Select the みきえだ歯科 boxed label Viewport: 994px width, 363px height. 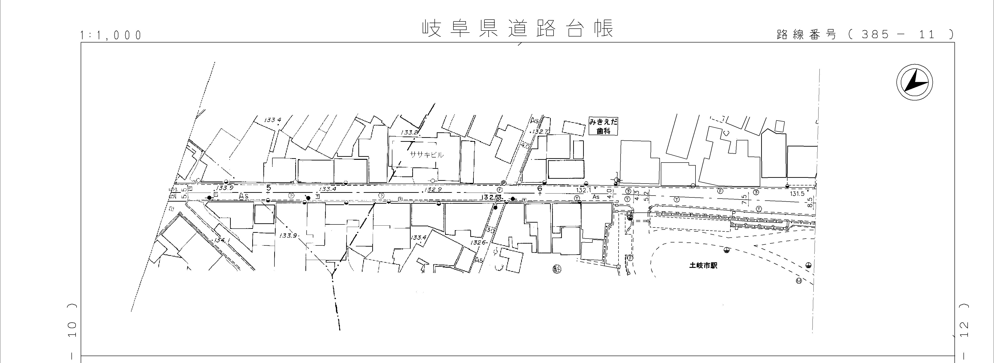(603, 126)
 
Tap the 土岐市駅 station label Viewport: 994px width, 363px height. (703, 266)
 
